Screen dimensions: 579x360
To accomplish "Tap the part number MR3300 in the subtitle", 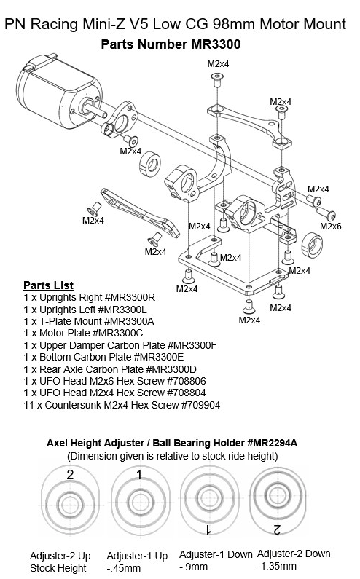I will pyautogui.click(x=215, y=44).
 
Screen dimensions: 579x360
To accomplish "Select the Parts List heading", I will pyautogui.click(x=48, y=284).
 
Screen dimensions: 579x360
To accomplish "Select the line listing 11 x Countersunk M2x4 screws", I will pyautogui.click(x=121, y=405).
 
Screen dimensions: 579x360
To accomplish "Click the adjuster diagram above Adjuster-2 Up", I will pyautogui.click(x=71, y=501).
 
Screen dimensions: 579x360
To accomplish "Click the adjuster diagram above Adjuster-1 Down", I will pyautogui.click(x=207, y=501).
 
